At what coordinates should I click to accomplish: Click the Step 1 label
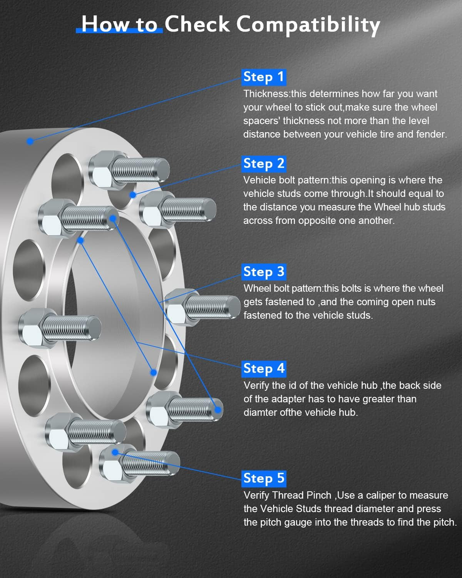[x=264, y=77]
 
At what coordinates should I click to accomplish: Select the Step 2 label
[x=264, y=164]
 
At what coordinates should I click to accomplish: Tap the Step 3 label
[x=264, y=272]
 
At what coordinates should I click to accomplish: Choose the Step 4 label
[x=264, y=369]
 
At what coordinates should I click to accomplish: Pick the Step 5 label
[x=264, y=479]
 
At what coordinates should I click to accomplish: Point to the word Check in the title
[x=197, y=24]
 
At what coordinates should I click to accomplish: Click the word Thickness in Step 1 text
[x=266, y=94]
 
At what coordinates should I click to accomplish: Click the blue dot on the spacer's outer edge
[x=30, y=141]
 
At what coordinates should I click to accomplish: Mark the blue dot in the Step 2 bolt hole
[x=132, y=195]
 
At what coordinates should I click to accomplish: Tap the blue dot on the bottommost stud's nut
[x=115, y=452]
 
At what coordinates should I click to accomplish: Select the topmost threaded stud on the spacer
[x=129, y=170]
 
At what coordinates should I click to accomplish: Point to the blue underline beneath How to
[x=119, y=30]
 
